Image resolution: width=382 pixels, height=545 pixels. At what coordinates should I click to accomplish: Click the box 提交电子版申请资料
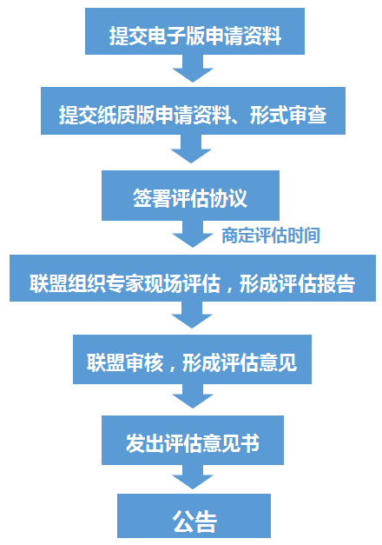click(194, 31)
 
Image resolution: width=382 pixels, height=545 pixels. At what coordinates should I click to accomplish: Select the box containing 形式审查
click(193, 111)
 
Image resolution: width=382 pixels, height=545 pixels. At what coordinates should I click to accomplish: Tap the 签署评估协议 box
click(190, 196)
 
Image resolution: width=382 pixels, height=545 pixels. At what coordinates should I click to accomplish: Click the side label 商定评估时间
click(271, 236)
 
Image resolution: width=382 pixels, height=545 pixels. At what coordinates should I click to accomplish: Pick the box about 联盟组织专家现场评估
click(193, 278)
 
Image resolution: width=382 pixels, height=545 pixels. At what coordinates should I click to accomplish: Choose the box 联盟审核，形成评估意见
click(192, 359)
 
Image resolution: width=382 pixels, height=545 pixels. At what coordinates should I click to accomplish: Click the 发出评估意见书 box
click(193, 440)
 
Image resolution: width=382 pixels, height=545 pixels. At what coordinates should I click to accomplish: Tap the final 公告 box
click(194, 515)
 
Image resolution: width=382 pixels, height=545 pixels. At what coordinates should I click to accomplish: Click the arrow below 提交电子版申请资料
click(193, 69)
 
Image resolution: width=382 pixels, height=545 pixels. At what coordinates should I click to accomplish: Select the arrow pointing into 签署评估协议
click(191, 150)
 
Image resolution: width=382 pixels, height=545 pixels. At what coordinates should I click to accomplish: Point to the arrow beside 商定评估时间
click(193, 235)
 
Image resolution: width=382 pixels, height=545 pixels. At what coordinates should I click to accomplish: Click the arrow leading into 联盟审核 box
click(192, 316)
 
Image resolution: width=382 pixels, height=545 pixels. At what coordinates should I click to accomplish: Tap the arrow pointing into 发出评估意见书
click(193, 396)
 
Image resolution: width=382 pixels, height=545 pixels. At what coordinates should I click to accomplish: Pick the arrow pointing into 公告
click(193, 477)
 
